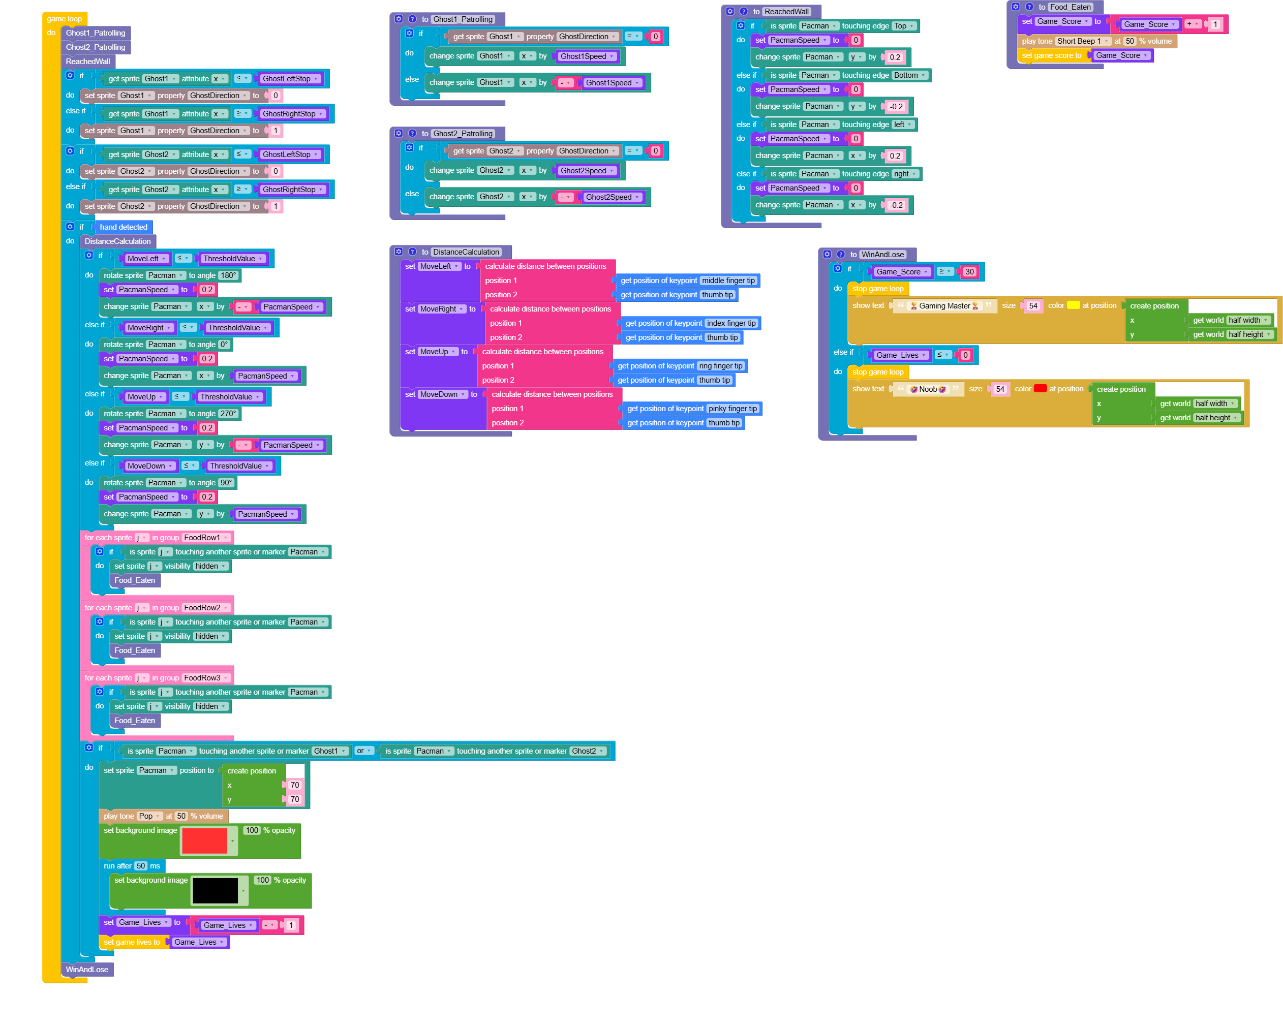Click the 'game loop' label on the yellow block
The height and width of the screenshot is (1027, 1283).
(64, 19)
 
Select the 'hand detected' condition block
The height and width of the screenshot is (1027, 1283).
(123, 227)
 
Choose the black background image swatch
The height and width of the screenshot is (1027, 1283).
(216, 891)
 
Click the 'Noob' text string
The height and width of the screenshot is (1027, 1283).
(928, 389)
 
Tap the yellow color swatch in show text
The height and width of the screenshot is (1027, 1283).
(1073, 305)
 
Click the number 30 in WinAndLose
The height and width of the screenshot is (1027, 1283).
(969, 272)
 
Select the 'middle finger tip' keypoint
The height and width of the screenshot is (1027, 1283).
(728, 281)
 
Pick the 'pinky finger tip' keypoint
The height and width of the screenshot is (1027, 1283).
(732, 409)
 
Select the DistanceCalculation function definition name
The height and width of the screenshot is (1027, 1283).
(466, 252)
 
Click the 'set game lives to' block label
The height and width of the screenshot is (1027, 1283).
(132, 943)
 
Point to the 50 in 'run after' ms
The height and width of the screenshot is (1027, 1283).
(140, 866)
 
